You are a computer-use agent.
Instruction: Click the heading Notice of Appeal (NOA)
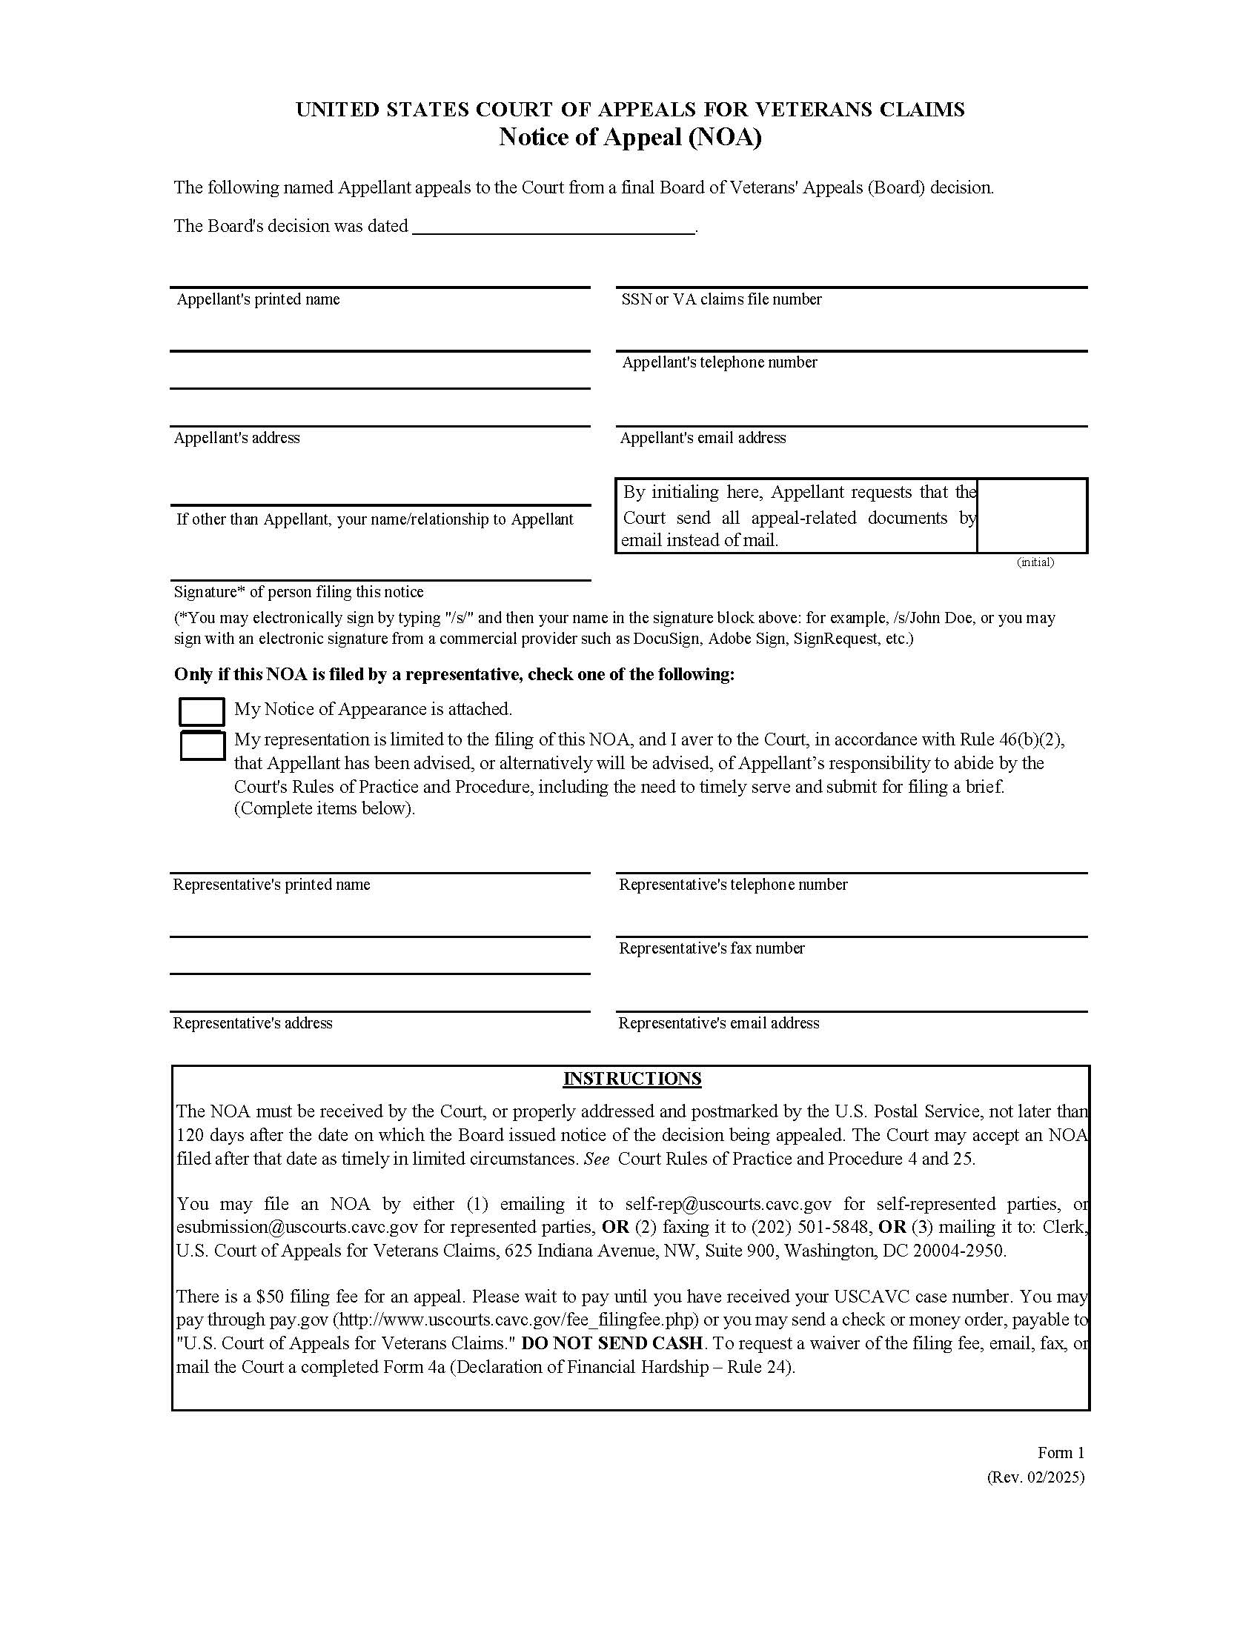[x=630, y=137]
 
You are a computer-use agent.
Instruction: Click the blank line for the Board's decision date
[x=552, y=226]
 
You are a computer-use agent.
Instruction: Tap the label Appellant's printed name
[x=258, y=299]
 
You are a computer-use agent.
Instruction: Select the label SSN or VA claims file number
[x=721, y=299]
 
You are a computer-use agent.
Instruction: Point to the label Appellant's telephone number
[x=720, y=363]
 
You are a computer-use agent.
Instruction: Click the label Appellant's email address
[x=703, y=438]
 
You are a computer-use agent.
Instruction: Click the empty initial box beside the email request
[x=1032, y=516]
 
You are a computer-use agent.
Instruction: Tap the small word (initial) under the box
[x=1035, y=562]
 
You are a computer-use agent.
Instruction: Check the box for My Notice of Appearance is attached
[x=202, y=711]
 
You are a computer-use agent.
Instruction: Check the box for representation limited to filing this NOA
[x=202, y=745]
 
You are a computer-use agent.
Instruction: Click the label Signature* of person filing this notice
[x=299, y=592]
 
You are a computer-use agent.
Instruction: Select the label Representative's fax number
[x=712, y=948]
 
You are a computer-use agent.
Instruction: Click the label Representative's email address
[x=718, y=1023]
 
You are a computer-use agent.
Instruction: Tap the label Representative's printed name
[x=272, y=885]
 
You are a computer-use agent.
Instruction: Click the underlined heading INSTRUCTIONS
[x=631, y=1079]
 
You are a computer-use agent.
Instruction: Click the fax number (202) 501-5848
[x=812, y=1227]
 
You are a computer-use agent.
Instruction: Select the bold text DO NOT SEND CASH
[x=612, y=1343]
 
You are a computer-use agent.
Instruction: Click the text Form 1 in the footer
[x=1060, y=1452]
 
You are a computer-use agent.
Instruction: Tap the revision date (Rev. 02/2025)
[x=1035, y=1477]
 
